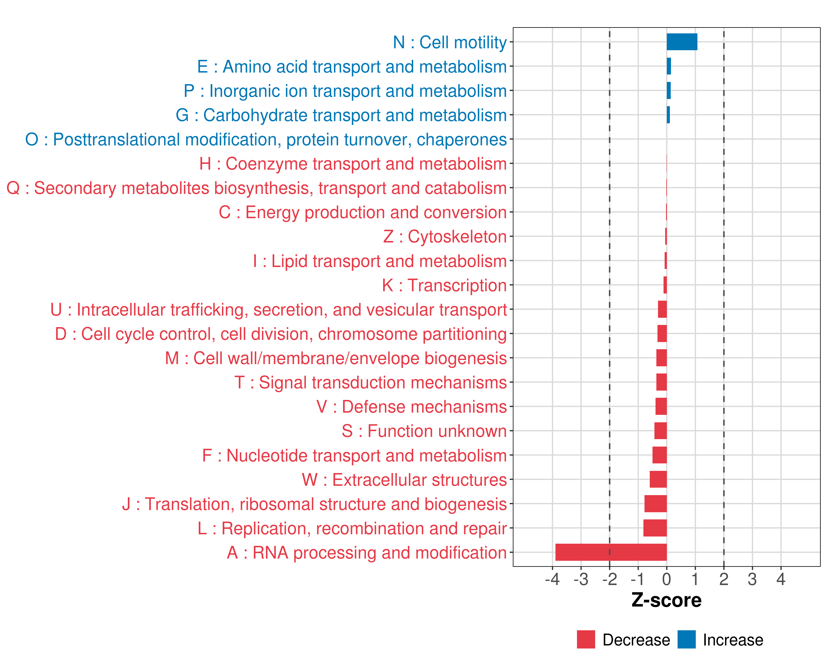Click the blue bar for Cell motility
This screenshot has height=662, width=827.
[x=682, y=42]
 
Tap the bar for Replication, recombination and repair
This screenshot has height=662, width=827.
[x=655, y=528]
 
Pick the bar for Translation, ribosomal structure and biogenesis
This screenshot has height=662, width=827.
[x=655, y=503]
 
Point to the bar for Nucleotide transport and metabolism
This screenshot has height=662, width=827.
[x=659, y=455]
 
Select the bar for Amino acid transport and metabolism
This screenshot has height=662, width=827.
[x=668, y=66]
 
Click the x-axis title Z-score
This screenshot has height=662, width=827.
[x=666, y=600]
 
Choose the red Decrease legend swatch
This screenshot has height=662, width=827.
[x=586, y=639]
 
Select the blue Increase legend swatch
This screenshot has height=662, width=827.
[x=686, y=639]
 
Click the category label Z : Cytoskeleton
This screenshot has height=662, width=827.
[x=445, y=237]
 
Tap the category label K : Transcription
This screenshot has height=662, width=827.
[x=444, y=285]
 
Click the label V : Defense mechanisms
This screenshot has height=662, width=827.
[x=412, y=407]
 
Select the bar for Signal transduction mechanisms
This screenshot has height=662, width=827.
[x=661, y=382]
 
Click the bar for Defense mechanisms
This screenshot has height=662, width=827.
[x=661, y=406]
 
